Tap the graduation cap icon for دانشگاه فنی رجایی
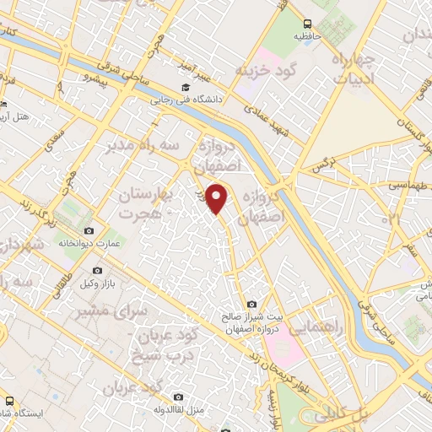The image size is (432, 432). [185, 87]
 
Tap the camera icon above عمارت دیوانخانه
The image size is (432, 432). [89, 230]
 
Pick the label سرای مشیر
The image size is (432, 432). [122, 312]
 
